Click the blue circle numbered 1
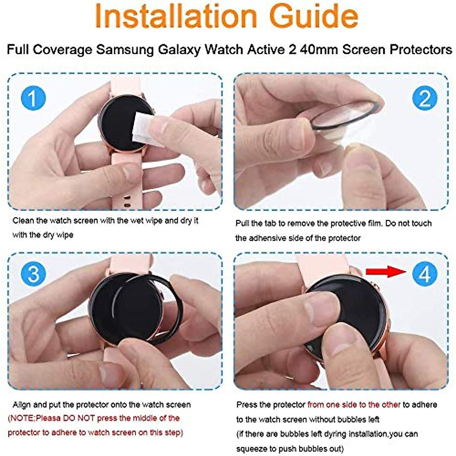point(33,98)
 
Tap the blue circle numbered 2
point(424,98)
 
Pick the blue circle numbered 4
point(424,274)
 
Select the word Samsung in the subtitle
point(125,50)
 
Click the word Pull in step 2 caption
point(242,223)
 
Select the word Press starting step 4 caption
point(247,405)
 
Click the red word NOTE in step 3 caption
point(22,418)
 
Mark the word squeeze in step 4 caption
point(252,449)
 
